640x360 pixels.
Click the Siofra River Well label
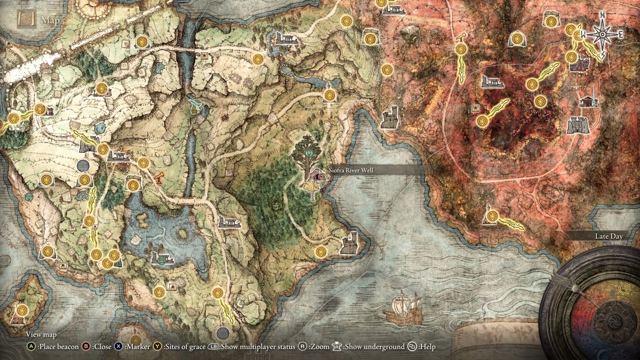tap(351, 170)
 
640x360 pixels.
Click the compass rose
tap(602, 35)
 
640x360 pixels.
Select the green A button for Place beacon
tap(31, 347)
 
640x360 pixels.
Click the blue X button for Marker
tap(118, 347)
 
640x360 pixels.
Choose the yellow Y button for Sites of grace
tap(157, 347)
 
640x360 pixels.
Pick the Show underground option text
tap(374, 347)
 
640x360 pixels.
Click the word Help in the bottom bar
tap(427, 347)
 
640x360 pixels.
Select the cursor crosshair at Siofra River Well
tap(317, 177)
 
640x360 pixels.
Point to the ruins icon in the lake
tap(162, 259)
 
